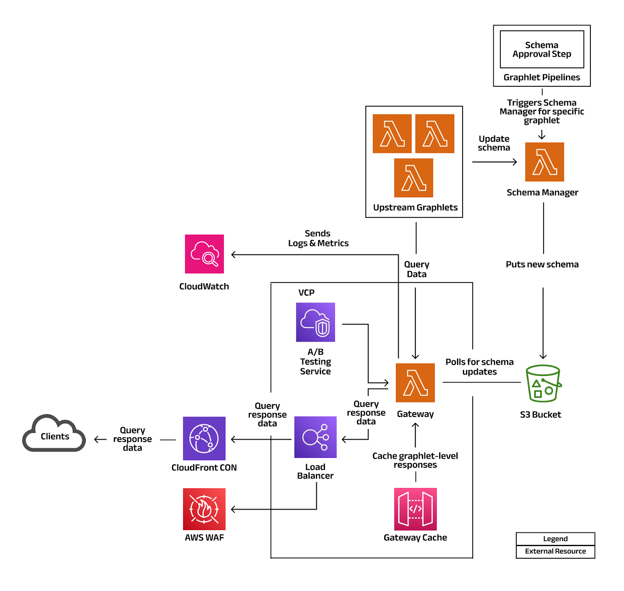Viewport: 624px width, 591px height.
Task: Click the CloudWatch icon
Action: [204, 254]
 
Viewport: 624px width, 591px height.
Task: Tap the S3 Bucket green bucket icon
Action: [543, 383]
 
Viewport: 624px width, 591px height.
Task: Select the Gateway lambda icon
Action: [415, 383]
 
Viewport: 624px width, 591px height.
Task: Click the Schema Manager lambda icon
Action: [544, 162]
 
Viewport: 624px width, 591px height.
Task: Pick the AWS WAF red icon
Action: [204, 509]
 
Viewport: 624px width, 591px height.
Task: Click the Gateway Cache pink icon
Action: [415, 509]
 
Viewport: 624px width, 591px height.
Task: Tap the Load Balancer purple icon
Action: [315, 437]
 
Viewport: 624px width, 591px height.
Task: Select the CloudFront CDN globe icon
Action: [204, 438]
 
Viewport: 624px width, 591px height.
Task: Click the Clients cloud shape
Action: [54, 434]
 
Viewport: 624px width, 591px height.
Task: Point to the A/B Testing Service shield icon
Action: [315, 322]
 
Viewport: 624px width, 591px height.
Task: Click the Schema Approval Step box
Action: [542, 50]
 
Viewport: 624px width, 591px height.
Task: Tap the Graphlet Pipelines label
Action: [542, 77]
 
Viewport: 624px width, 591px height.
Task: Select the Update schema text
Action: [494, 143]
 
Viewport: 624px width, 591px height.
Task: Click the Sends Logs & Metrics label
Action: [318, 238]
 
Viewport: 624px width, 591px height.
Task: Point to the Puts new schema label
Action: [542, 264]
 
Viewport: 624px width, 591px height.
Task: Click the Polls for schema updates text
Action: [479, 367]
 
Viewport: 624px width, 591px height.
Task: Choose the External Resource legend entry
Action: [555, 551]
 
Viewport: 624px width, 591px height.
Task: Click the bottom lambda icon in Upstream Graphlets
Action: [413, 178]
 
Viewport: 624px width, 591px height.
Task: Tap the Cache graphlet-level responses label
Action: [415, 460]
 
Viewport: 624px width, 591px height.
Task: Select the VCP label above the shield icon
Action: [306, 293]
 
